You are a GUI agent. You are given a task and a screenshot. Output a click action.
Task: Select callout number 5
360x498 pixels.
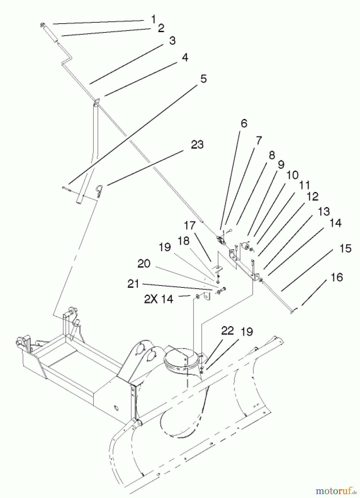click(x=203, y=79)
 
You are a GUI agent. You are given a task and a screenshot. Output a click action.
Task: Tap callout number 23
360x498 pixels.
click(x=197, y=145)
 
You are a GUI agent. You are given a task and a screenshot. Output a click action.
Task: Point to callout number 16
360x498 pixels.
click(x=337, y=277)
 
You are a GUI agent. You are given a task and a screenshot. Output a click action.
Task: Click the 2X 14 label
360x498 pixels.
click(x=159, y=299)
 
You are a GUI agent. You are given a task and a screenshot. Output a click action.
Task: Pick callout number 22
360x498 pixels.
click(x=227, y=331)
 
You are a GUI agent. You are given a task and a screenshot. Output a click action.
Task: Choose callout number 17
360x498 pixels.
click(x=190, y=225)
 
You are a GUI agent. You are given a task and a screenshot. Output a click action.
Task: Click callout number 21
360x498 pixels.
click(x=133, y=284)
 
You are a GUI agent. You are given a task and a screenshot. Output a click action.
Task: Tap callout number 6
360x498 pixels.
click(x=244, y=123)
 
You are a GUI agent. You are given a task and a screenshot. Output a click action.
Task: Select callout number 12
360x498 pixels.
click(x=312, y=196)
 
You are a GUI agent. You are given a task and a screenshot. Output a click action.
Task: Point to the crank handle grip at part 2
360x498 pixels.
click(x=51, y=33)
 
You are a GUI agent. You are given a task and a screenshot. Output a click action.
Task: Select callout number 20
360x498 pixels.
click(x=144, y=264)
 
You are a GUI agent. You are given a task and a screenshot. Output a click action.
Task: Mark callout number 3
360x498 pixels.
click(x=172, y=41)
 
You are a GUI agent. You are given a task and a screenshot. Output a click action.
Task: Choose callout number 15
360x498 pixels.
click(x=345, y=248)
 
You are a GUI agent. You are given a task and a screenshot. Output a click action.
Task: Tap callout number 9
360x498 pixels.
click(x=281, y=165)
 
